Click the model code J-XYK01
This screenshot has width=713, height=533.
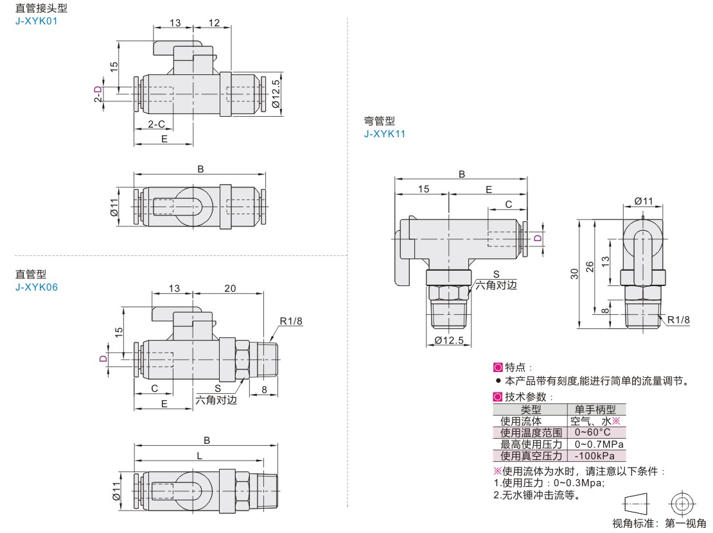(x=37, y=21)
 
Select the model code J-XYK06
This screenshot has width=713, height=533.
(x=37, y=287)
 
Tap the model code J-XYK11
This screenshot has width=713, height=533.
(x=384, y=134)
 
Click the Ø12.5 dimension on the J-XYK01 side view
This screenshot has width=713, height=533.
(x=276, y=94)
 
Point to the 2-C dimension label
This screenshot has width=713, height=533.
(x=157, y=124)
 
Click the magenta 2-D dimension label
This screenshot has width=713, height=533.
(x=98, y=94)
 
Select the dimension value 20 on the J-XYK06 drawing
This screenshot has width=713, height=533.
(x=230, y=288)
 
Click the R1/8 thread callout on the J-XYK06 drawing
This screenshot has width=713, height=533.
(x=291, y=321)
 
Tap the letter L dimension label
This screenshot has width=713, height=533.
(x=199, y=456)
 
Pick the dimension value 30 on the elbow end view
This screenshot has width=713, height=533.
(x=574, y=274)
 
